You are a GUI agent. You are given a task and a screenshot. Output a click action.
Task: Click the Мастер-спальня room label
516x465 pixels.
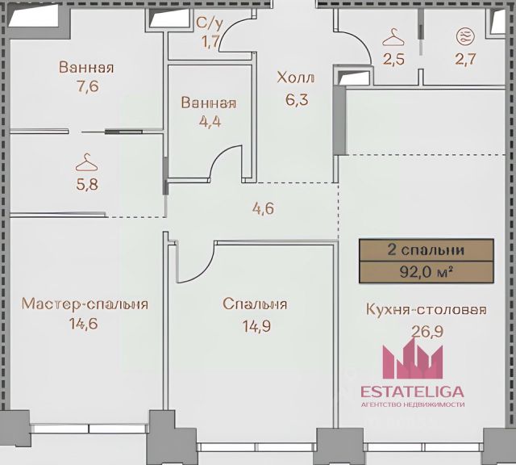coord(85,304)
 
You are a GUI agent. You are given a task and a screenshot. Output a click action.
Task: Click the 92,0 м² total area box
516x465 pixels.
coord(426,271)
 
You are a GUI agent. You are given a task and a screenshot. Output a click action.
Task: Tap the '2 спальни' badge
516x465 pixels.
coord(426,250)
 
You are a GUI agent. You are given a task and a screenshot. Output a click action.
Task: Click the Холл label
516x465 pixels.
coord(296,77)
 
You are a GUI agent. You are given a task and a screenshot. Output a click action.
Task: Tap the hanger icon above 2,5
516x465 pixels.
coord(393,37)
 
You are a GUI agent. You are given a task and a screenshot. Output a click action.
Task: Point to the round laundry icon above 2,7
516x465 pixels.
coord(466,36)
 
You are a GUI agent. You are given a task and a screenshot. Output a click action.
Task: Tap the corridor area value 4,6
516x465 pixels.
coord(263,208)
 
